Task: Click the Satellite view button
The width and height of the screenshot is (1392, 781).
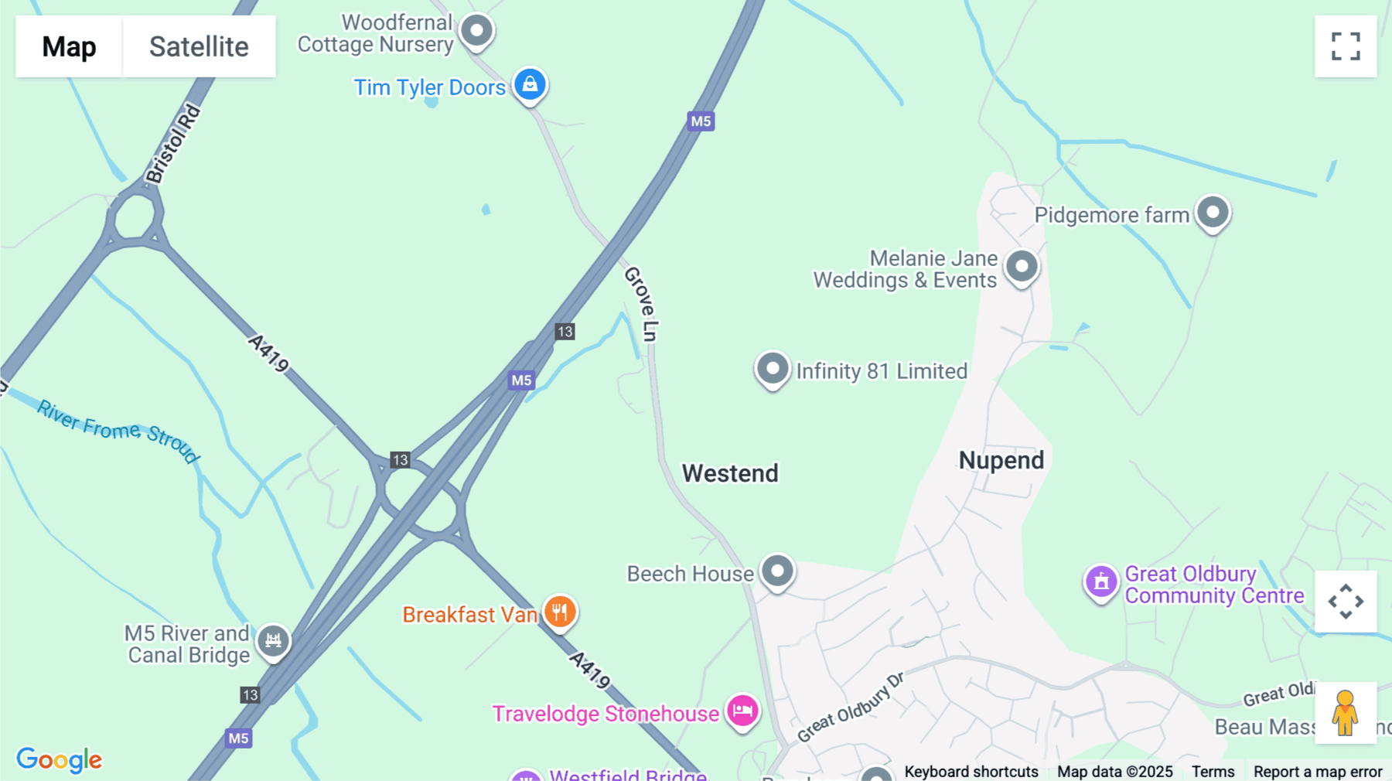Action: point(199,46)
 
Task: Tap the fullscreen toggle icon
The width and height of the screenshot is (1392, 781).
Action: point(1346,46)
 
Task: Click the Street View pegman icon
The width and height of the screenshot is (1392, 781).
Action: point(1346,712)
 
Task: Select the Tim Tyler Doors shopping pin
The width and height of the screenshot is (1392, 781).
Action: point(530,84)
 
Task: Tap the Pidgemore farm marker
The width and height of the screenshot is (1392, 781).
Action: point(1213,213)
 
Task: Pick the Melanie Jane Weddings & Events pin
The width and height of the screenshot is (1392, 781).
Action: point(1022,267)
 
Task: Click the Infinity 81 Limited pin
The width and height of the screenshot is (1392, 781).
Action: point(773,369)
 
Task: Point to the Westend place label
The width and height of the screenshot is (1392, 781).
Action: point(730,473)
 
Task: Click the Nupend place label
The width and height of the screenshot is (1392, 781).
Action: point(1001,461)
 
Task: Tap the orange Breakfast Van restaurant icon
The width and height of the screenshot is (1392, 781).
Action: point(560,612)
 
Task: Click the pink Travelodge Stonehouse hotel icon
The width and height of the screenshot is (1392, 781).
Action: point(742,711)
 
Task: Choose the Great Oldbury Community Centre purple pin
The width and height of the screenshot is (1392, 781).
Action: point(1101,581)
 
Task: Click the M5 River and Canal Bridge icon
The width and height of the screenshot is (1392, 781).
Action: point(273,640)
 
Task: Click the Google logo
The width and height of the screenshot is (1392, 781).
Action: point(60,759)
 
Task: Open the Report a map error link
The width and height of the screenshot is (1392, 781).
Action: point(1318,772)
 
